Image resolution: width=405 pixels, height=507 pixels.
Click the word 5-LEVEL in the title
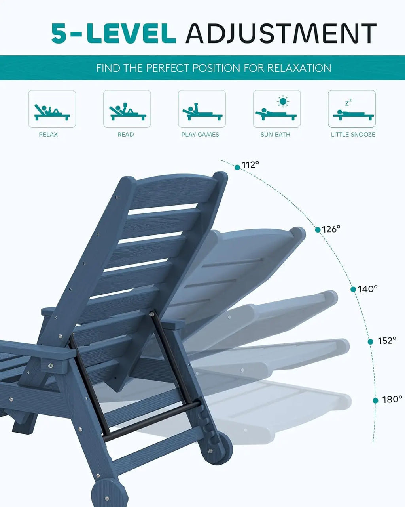point(114,33)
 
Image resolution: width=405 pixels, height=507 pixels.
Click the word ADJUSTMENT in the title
point(281,33)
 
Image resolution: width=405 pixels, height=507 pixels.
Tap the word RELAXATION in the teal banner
point(299,68)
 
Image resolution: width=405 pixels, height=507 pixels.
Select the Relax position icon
point(52,109)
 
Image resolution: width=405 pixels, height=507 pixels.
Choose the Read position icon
point(127,109)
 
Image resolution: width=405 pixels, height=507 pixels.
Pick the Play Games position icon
point(202,109)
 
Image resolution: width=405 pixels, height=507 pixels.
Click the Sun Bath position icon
point(276,109)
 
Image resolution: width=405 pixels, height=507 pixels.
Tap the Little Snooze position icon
point(352,109)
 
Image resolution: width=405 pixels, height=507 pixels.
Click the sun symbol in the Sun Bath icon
point(282,101)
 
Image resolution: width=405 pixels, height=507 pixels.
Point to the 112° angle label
point(250,165)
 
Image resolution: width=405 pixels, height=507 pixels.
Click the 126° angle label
point(331,229)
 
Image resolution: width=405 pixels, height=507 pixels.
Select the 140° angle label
point(367,289)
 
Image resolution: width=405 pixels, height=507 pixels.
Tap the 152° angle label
point(386,341)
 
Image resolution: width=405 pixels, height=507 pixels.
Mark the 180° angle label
point(392,399)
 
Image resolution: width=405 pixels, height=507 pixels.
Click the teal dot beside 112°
point(237,168)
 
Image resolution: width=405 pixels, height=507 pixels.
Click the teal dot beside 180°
point(375,400)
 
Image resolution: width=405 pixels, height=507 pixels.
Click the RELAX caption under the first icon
point(48,135)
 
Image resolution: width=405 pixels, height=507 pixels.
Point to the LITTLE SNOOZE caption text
point(353,135)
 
